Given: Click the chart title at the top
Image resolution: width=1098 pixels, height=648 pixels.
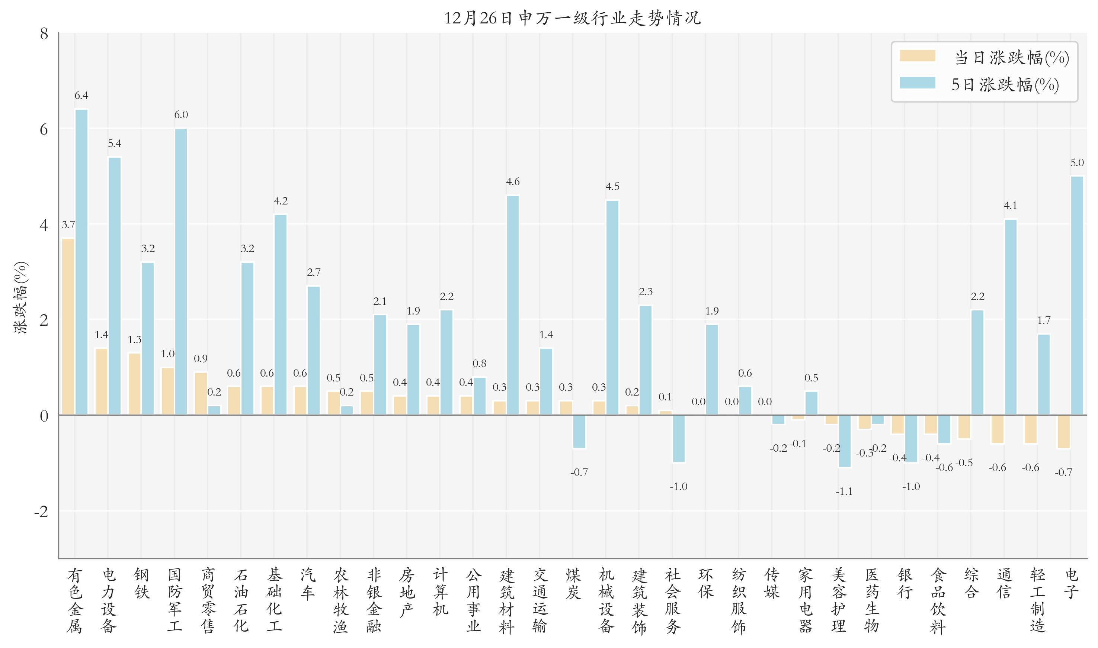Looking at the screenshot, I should (x=572, y=18).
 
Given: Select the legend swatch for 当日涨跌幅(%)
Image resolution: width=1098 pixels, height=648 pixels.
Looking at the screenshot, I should (x=917, y=56).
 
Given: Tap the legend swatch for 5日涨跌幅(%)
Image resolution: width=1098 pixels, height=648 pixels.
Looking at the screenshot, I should (x=917, y=83).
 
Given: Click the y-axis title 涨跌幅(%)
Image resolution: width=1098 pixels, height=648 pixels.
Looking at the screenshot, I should (x=20, y=297).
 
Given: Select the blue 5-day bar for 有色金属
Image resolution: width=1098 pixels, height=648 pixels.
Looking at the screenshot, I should (x=81, y=262).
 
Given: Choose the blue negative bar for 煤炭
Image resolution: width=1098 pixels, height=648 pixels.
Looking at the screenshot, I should (x=579, y=431).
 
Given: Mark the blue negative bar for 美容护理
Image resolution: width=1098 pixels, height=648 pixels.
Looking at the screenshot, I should (x=844, y=441).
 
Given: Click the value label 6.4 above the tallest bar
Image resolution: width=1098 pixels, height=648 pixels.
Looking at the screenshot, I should (x=81, y=95).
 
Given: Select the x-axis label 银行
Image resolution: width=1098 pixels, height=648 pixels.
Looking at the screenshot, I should (x=905, y=583).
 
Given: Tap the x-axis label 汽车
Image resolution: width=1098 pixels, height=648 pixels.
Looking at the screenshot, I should (x=307, y=583).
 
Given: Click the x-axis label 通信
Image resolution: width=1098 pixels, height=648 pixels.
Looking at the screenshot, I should (x=1004, y=583).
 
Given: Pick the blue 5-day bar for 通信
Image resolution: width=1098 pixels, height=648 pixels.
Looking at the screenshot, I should (x=1010, y=317).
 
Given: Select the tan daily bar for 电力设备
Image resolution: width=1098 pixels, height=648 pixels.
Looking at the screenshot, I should (x=101, y=381).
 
